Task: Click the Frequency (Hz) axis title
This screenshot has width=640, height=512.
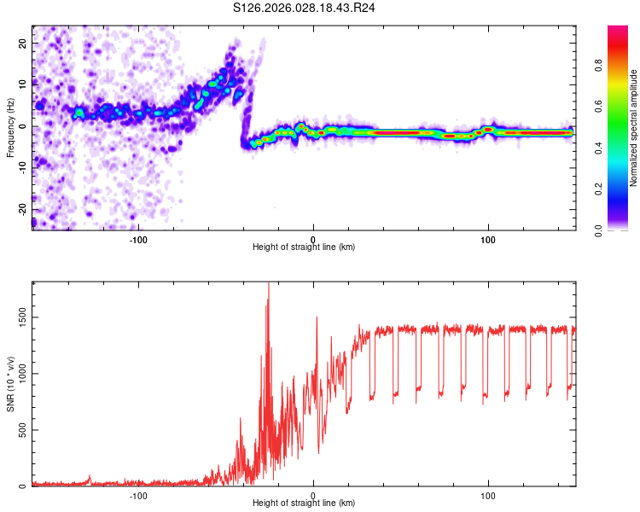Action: [x=10, y=126]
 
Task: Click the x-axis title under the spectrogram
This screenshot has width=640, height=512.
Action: [x=304, y=247]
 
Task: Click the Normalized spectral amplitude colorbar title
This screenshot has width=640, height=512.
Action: [x=634, y=128]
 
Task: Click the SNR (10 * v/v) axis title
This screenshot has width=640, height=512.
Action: [x=10, y=384]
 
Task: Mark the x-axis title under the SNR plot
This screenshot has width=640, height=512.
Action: [x=304, y=503]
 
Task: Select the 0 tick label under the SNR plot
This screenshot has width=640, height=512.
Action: [x=313, y=495]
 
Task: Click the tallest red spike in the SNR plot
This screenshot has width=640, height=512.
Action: [x=269, y=285]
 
